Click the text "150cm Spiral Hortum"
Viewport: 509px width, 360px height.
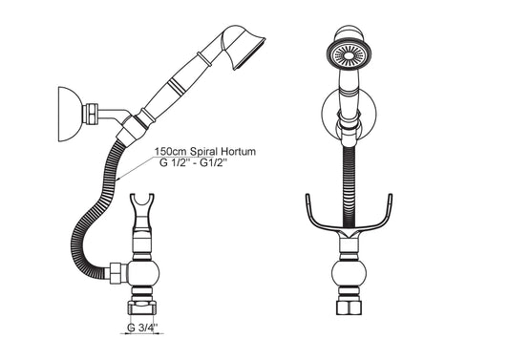204,151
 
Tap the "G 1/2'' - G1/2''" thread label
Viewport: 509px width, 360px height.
193,162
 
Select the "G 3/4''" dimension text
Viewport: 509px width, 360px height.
142,328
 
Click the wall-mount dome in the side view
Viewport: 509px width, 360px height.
69,114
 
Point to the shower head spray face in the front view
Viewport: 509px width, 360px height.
349,55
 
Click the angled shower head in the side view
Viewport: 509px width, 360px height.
244,46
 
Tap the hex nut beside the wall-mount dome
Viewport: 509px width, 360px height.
90,114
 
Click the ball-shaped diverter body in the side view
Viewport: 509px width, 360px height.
143,273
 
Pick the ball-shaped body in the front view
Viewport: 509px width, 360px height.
349,274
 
